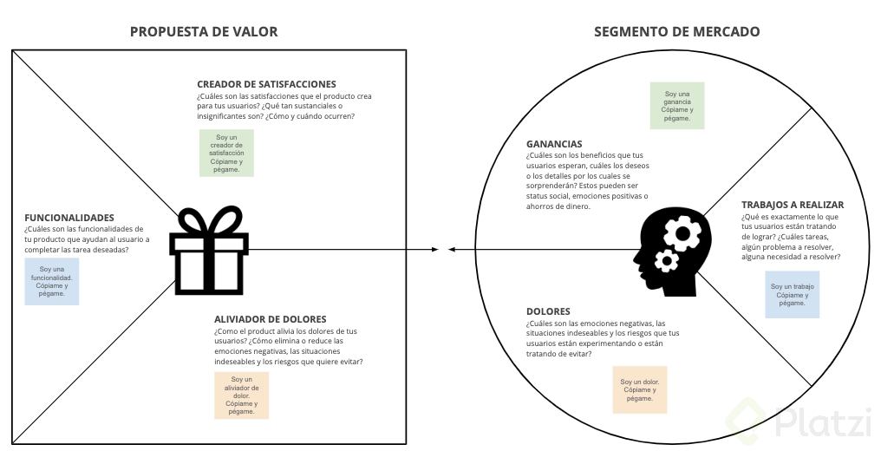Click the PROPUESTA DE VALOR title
[204, 31]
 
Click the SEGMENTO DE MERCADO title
[676, 31]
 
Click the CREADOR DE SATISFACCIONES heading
[266, 84]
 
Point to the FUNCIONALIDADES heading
[69, 218]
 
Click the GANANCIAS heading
[554, 144]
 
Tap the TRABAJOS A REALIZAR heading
[793, 205]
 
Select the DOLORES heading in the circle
[548, 311]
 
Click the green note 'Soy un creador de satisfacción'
[226, 153]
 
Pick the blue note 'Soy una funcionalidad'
[52, 281]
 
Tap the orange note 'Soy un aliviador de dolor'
[241, 395]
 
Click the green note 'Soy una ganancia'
[677, 106]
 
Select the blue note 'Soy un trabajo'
[793, 295]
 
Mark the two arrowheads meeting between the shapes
[443, 250]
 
